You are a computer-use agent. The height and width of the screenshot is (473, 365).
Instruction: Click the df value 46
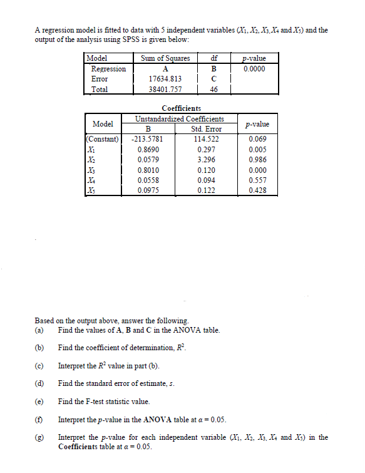point(213,90)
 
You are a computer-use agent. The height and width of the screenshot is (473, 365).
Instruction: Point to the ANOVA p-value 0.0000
point(254,69)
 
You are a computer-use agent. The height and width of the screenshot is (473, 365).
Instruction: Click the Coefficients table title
point(182,109)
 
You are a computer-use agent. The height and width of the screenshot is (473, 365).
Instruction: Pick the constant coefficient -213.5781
point(148,139)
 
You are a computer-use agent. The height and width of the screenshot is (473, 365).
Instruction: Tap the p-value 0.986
point(258,160)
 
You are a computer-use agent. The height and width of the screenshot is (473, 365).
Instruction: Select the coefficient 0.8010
point(148,170)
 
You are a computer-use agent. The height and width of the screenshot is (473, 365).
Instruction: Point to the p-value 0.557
point(258,180)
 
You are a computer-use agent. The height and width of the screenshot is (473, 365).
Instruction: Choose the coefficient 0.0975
point(148,190)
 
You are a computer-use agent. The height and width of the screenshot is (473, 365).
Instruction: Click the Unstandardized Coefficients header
point(180,119)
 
